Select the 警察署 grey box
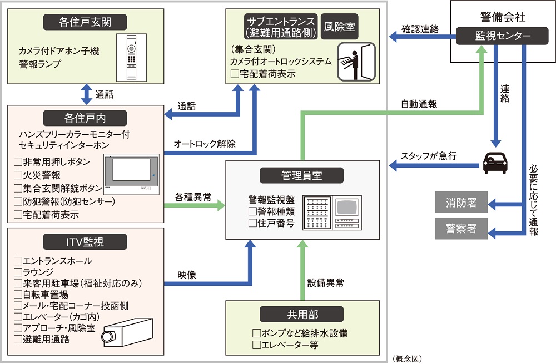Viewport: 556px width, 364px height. click(461, 229)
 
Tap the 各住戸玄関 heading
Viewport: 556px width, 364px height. click(85, 23)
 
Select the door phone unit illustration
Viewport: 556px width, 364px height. click(132, 57)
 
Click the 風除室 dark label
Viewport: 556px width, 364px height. click(341, 26)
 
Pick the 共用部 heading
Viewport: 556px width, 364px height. click(302, 314)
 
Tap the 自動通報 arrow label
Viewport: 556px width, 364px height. click(419, 104)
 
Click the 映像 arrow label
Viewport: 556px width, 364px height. click(187, 274)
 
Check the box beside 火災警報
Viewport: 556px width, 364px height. click(18, 175)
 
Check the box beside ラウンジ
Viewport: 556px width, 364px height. click(18, 272)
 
